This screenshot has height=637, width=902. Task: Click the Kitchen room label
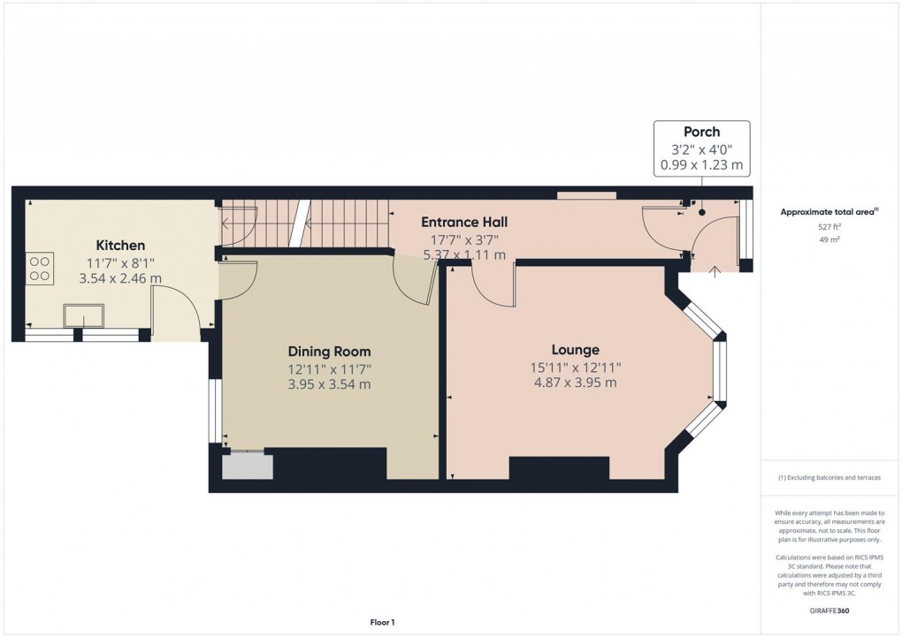pos(120,245)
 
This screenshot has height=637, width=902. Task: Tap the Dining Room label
pos(328,351)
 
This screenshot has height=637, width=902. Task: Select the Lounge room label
pos(575,350)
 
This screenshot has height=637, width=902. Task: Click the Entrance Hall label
pos(463,222)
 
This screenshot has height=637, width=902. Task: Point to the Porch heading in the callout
pos(701,132)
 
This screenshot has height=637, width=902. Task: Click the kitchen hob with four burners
pos(40,268)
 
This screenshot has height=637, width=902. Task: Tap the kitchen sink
pos(84,316)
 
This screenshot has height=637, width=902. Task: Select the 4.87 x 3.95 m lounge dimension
pos(575,383)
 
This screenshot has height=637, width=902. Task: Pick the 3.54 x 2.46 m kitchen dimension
pos(120,278)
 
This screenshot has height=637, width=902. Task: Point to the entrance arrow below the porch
pos(714,271)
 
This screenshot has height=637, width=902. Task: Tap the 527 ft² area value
pos(829,227)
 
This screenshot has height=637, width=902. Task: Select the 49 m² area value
pos(829,239)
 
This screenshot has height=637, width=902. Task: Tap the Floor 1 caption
pos(382,623)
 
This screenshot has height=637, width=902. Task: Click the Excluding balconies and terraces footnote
pos(829,478)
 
